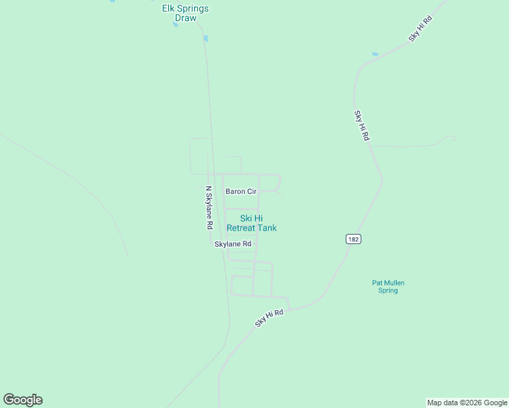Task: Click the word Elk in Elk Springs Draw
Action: pyautogui.click(x=169, y=8)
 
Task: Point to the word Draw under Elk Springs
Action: pyautogui.click(x=185, y=18)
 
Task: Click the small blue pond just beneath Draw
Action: pyautogui.click(x=175, y=25)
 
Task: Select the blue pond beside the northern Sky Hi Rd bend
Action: pyautogui.click(x=375, y=54)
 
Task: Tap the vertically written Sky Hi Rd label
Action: pyautogui.click(x=361, y=125)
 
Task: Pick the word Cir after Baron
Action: pyautogui.click(x=252, y=192)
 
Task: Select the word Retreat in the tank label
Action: pyautogui.click(x=241, y=228)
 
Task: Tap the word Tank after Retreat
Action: pyautogui.click(x=267, y=228)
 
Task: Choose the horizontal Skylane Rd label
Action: pyautogui.click(x=233, y=244)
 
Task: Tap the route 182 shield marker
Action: pyautogui.click(x=352, y=239)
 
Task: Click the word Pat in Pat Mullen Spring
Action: pyautogui.click(x=378, y=283)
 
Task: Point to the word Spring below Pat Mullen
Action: pyautogui.click(x=388, y=291)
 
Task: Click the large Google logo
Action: pyautogui.click(x=22, y=400)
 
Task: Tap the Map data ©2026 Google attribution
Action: pyautogui.click(x=467, y=403)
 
